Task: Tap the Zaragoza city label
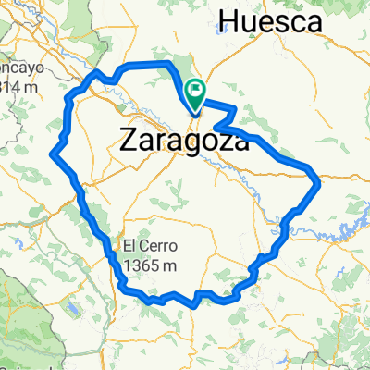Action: [x=185, y=141]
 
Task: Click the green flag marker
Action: [x=196, y=92]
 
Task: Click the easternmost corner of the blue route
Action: [x=319, y=182]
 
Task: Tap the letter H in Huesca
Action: [x=229, y=19]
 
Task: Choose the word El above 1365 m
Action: [x=128, y=247]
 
